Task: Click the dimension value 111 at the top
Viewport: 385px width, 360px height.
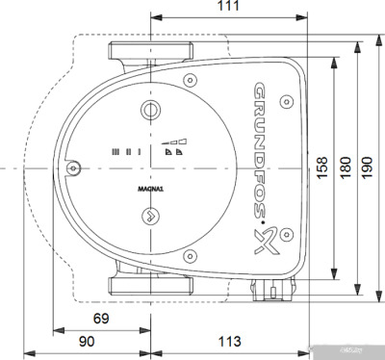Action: tap(227, 8)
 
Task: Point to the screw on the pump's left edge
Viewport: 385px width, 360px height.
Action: tap(74, 168)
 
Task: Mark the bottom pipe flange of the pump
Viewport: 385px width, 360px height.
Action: tap(152, 286)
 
